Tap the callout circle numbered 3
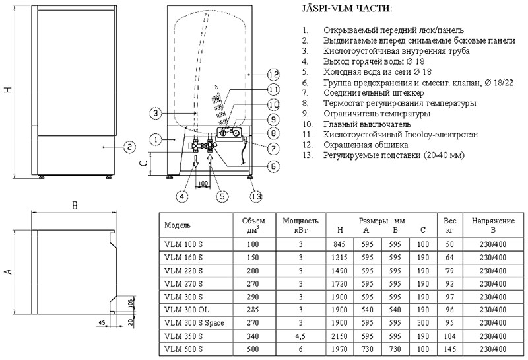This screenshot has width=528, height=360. click(x=154, y=114)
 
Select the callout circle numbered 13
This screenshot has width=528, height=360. click(x=255, y=195)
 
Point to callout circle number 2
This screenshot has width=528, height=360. click(x=129, y=146)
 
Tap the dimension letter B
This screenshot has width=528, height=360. click(x=75, y=205)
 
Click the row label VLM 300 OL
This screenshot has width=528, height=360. click(x=185, y=309)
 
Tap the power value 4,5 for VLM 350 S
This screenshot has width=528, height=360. click(x=300, y=336)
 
